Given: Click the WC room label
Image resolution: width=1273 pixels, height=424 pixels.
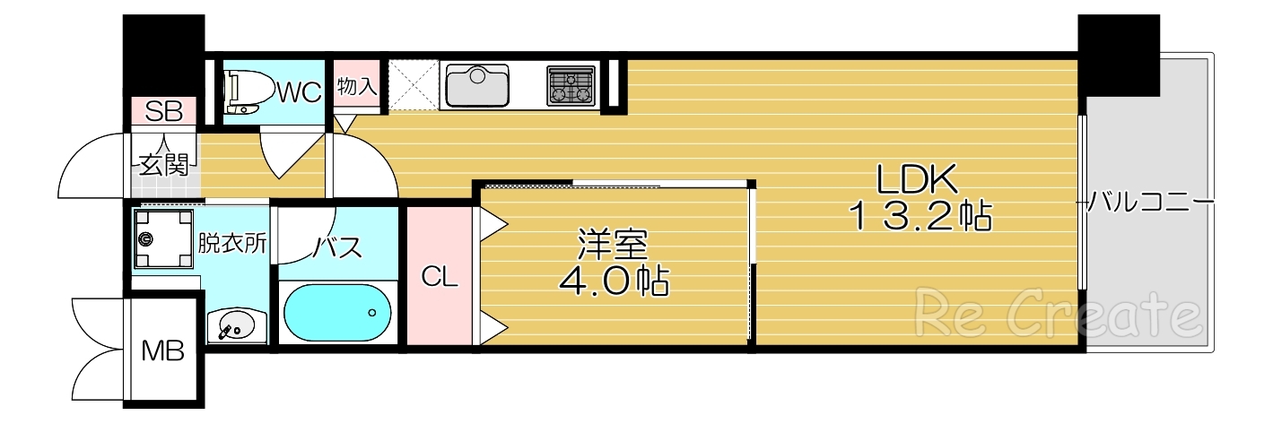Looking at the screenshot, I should click(x=299, y=92).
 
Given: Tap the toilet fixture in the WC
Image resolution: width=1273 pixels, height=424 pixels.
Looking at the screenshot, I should click(x=242, y=93).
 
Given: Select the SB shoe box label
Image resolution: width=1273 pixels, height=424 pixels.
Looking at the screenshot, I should click(x=164, y=112).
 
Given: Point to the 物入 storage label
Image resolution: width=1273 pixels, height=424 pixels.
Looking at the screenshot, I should click(x=357, y=87).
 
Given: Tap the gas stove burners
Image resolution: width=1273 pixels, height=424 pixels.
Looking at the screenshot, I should click(x=571, y=87).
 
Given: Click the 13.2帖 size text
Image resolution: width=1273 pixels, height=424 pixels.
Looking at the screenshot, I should click(x=920, y=218).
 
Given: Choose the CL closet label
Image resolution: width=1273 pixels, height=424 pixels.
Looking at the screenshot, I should click(x=440, y=278).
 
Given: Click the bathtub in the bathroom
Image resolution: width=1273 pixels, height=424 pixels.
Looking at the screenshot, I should click(x=337, y=312).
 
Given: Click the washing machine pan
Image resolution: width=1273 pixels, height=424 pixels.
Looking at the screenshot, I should click(x=163, y=238).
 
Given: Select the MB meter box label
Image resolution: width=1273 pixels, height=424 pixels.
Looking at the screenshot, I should click(x=163, y=350).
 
